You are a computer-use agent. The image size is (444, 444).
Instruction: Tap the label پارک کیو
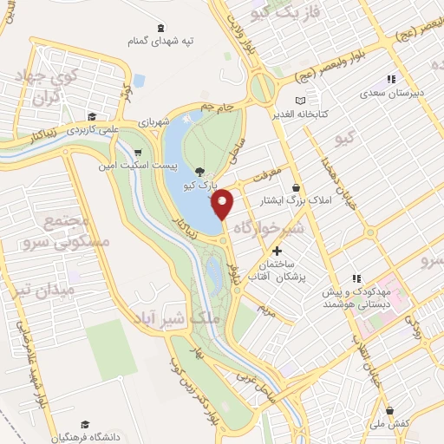[x=200, y=186]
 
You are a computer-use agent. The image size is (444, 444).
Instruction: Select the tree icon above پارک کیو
[x=200, y=171]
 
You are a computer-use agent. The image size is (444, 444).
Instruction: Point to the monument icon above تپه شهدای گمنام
[x=163, y=26]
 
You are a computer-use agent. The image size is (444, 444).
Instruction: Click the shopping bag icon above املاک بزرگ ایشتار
[x=297, y=186]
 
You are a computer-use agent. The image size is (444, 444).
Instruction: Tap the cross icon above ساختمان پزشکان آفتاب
[x=277, y=251]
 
